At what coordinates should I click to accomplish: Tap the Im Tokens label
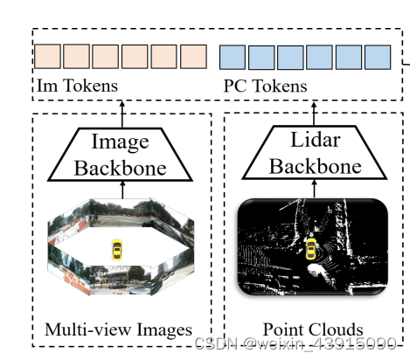(x=78, y=86)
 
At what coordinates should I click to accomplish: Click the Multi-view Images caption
(x=118, y=329)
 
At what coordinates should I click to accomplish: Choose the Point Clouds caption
(x=313, y=329)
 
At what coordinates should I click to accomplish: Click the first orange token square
(x=47, y=56)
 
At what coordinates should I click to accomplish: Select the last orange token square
(x=194, y=56)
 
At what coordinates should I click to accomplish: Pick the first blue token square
(x=232, y=57)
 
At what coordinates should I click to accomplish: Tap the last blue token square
(x=378, y=57)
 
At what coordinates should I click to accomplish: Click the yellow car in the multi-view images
(x=117, y=250)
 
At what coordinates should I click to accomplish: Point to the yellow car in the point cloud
(x=309, y=251)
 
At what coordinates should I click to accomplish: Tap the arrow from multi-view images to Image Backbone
(x=122, y=189)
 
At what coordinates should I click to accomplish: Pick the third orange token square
(x=106, y=56)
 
